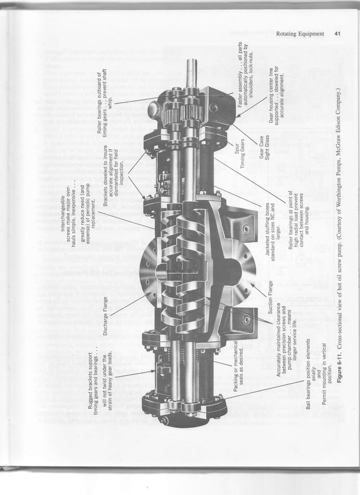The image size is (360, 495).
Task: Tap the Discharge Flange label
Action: coord(106,315)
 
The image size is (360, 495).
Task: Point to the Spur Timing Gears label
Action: coord(243,154)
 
